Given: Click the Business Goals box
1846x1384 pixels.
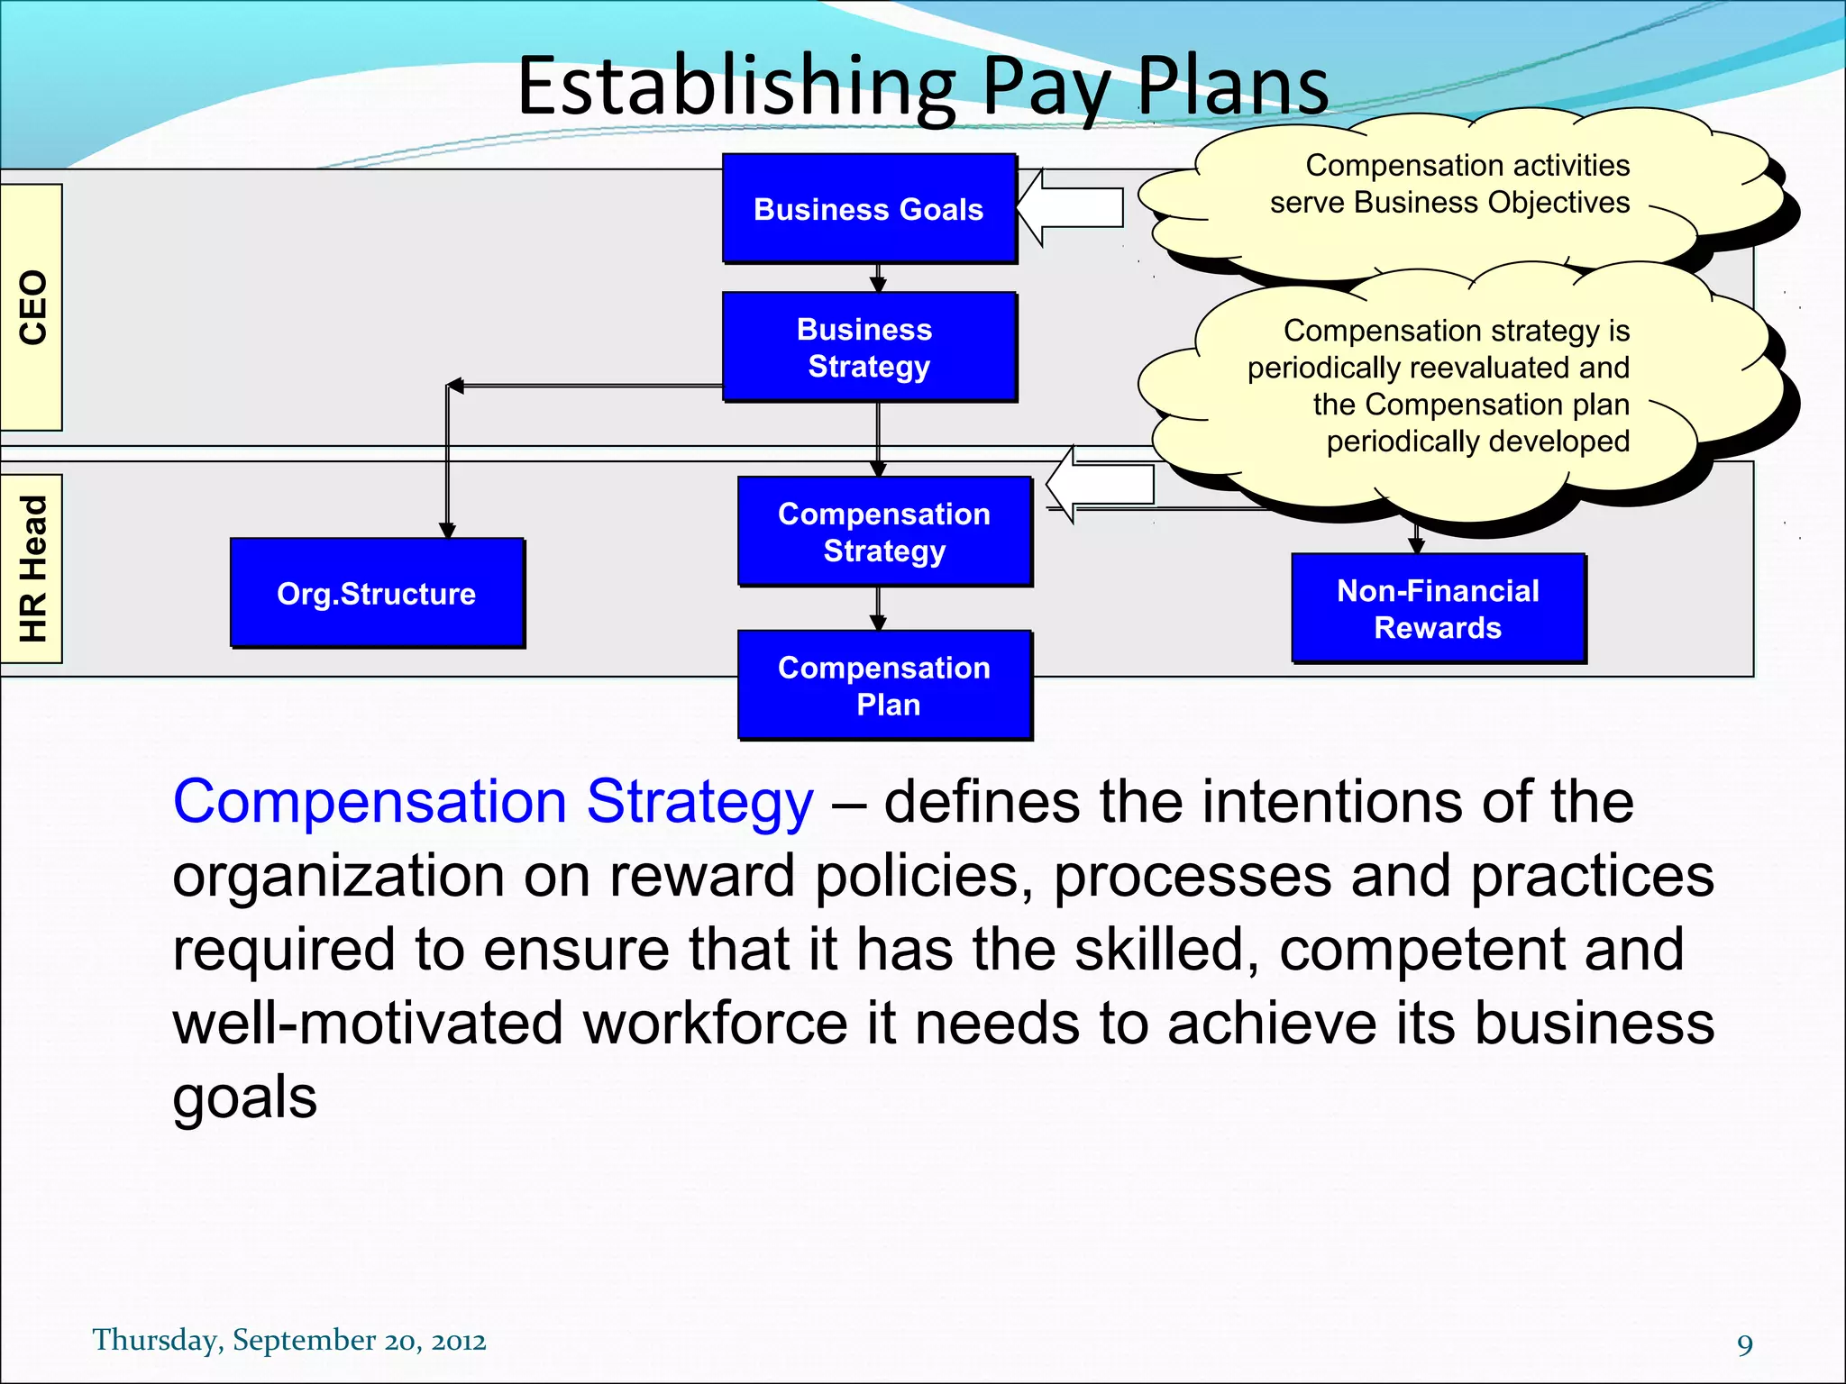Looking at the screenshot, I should [869, 208].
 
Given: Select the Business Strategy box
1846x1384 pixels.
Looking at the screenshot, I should [869, 347].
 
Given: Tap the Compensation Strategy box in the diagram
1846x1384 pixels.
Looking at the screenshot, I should [884, 532].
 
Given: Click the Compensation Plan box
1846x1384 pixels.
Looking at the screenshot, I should [884, 685].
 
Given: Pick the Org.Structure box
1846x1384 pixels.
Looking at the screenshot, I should [377, 593].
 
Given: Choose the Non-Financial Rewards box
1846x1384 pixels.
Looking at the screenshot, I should [1438, 608].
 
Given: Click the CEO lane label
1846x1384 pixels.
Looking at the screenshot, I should [32, 307].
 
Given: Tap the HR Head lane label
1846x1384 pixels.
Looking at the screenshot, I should [32, 569].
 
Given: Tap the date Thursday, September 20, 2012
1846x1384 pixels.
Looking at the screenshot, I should [289, 1340].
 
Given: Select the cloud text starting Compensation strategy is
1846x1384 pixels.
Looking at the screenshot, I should [1439, 386].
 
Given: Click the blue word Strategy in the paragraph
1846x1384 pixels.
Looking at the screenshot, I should [699, 801].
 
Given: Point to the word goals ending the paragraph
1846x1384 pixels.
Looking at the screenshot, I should [244, 1097].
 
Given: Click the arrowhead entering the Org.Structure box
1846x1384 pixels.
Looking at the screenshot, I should [447, 531].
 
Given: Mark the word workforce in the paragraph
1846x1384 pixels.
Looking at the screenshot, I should [716, 1023].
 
